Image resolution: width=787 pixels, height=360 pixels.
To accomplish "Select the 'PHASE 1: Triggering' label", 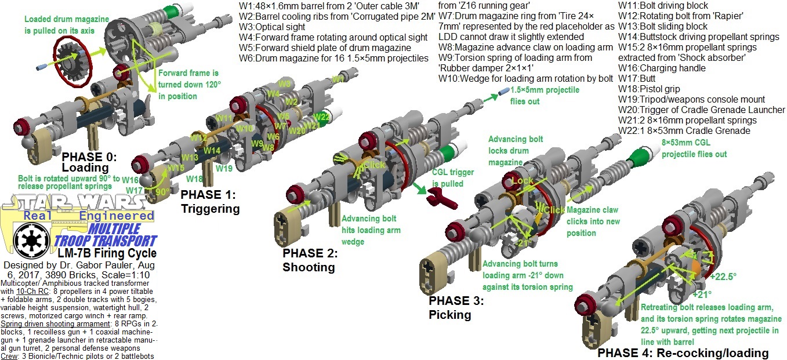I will pos(210,201).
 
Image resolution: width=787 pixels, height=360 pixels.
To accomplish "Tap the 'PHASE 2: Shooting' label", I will pos(309,260).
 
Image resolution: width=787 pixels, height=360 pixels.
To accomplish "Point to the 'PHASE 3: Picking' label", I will pos(456,308).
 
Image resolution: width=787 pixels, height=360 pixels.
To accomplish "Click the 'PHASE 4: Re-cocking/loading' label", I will pos(683,353).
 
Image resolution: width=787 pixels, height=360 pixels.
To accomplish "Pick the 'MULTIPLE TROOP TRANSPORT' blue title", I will pos(105,235).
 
